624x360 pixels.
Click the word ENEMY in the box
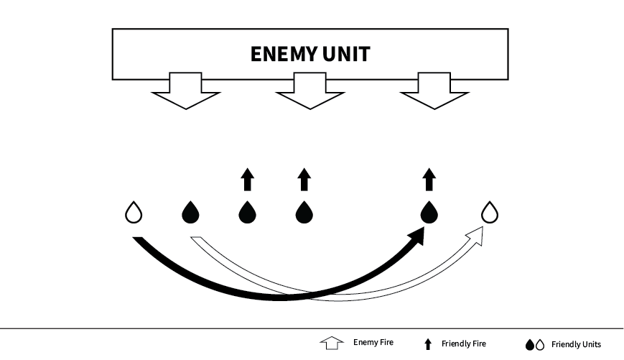279,55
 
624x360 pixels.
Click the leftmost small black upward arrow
247,180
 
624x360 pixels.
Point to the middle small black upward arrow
304,180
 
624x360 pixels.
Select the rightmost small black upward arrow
429,180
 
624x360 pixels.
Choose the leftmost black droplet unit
190,212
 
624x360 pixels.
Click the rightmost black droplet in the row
429,212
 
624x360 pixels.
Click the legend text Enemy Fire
373,343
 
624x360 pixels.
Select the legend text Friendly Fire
463,343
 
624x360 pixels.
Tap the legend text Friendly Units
576,344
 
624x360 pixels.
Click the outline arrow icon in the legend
330,343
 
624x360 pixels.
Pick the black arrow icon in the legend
429,344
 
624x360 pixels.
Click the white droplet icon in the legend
541,345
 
